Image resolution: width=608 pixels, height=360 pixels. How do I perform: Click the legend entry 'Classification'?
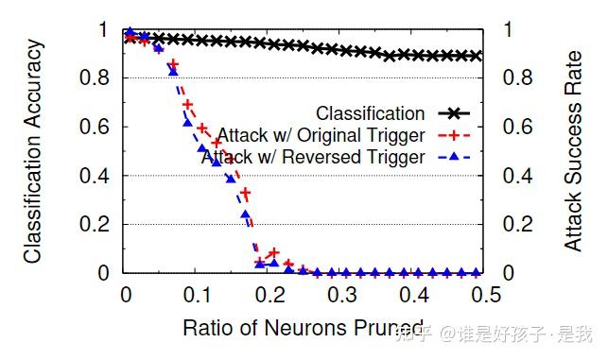pos(370,113)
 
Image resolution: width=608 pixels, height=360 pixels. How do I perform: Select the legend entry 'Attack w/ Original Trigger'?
pos(321,135)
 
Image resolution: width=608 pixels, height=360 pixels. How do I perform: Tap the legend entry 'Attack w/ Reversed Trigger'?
pos(313,158)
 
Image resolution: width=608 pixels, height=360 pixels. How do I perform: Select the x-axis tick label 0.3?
pos(339,296)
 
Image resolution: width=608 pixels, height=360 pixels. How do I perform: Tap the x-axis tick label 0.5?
pos(482,296)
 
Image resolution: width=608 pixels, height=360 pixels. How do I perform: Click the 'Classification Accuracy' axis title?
pos(34,151)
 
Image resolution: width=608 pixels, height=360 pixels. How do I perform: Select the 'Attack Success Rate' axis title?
pos(573,151)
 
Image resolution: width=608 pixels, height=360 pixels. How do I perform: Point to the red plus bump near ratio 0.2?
pos(274,252)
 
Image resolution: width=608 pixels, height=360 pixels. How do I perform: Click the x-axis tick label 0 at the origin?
pos(126,296)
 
